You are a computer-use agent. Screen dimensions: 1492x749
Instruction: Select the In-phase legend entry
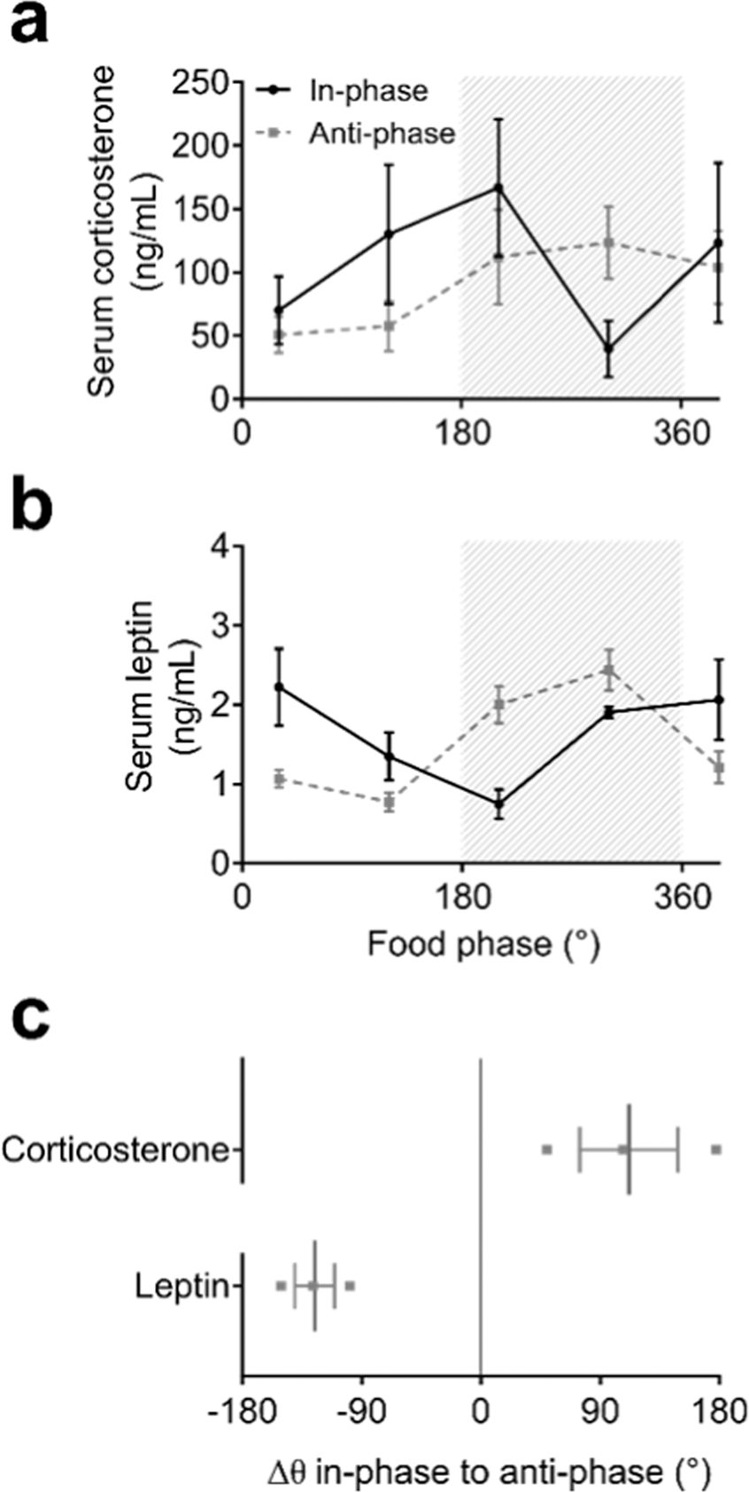coord(368,89)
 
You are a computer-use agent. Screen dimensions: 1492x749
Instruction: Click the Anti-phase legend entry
coord(382,134)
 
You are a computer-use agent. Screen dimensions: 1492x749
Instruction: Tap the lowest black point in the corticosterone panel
coord(609,348)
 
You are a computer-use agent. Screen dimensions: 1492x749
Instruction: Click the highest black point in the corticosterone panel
coord(498,188)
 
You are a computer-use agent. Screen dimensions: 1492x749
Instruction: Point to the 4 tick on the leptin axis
coord(220,546)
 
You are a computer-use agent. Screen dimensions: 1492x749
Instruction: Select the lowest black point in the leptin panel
coord(498,804)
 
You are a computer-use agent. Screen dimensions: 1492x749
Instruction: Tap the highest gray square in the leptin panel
coord(609,670)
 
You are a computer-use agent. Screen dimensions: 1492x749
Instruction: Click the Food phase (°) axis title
coord(483,944)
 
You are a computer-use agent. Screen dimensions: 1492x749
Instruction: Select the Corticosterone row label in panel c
coord(115,1150)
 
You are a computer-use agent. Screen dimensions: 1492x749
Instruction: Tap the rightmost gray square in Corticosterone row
coord(716,1150)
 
